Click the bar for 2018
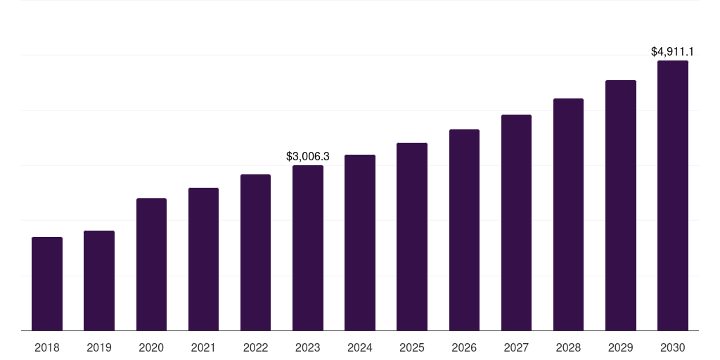point(47,284)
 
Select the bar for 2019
point(99,281)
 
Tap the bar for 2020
point(151,264)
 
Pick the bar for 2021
point(203,259)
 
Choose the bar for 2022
point(255,252)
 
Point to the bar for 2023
point(308,248)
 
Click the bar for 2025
point(412,237)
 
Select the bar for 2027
point(516,223)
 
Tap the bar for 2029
point(620,205)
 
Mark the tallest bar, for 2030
point(672,195)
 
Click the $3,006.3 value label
point(308,156)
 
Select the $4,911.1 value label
point(672,51)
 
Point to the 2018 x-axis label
point(47,347)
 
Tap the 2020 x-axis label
point(151,347)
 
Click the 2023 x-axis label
point(308,347)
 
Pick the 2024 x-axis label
point(360,347)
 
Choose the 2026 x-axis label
point(464,347)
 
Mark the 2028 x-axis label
point(568,347)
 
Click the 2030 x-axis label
point(672,347)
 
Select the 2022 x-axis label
point(255,347)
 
